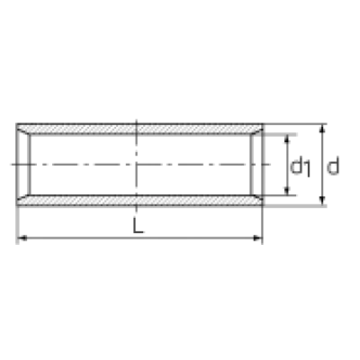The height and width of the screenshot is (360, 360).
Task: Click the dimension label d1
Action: (301, 167)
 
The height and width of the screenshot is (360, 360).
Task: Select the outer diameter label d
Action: (333, 166)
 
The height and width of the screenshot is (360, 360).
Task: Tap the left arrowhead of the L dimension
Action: (22, 238)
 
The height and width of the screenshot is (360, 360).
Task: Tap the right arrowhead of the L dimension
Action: (257, 238)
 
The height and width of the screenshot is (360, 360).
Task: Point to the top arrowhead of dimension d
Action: (322, 129)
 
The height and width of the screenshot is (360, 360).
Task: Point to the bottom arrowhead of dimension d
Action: (322, 200)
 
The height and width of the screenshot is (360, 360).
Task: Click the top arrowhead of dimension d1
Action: (287, 139)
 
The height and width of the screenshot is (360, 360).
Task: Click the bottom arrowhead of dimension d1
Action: (287, 190)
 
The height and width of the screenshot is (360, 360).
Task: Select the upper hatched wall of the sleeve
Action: (139, 129)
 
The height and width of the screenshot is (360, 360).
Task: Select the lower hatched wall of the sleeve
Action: (139, 201)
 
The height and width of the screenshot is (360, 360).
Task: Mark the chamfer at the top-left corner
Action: (23, 130)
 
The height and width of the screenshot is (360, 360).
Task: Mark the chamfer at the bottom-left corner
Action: (23, 200)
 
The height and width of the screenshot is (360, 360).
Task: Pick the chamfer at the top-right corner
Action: (256, 130)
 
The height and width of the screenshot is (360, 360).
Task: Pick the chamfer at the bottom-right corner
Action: (256, 200)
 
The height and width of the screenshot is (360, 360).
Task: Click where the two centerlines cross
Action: (137, 165)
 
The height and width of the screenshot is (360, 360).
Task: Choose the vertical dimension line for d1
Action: (287, 165)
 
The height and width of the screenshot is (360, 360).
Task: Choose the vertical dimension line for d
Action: (322, 165)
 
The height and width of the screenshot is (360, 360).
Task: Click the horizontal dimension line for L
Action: (139, 238)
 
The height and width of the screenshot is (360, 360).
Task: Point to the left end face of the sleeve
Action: (17, 165)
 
